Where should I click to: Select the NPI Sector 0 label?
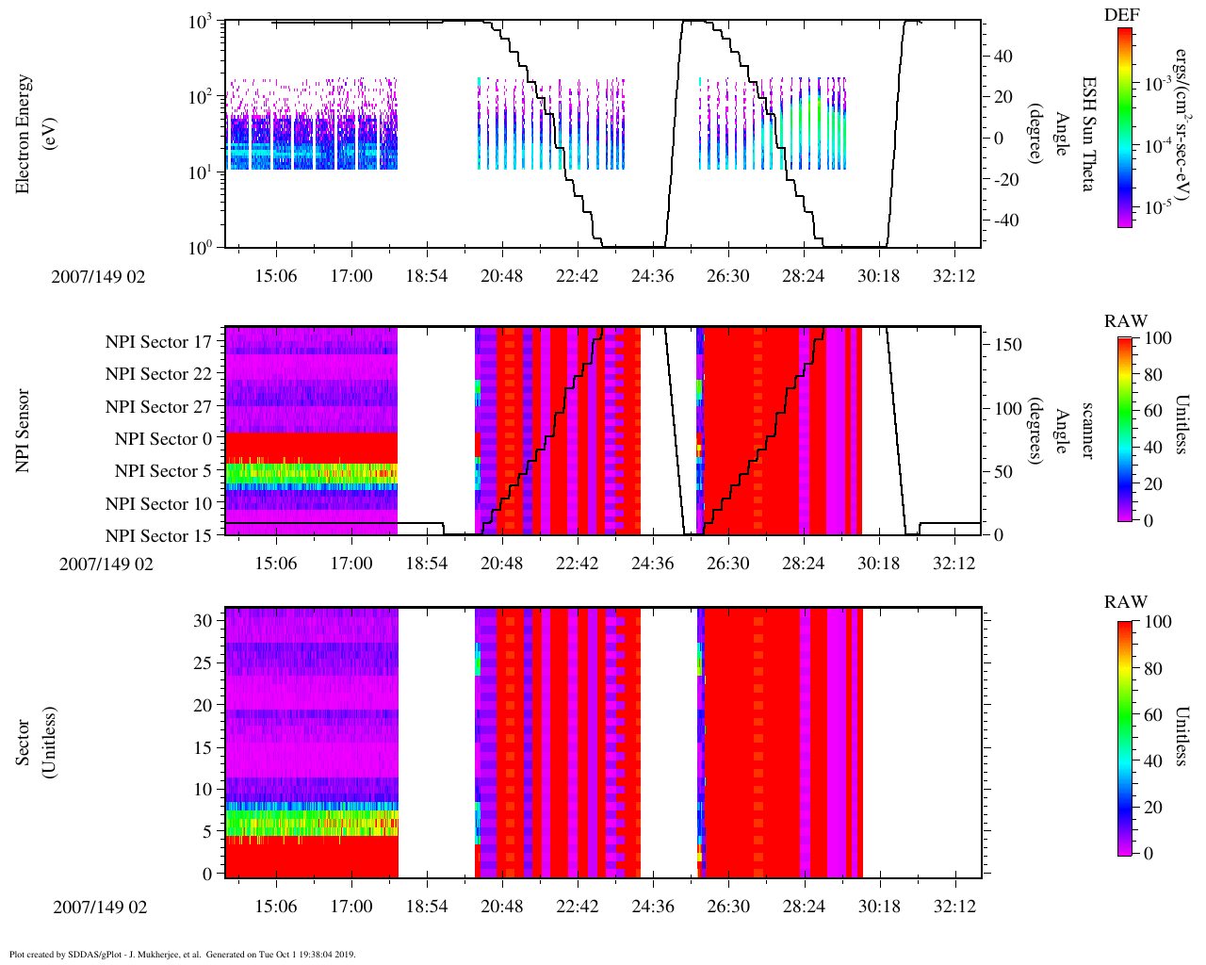point(163,439)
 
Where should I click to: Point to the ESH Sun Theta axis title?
point(1087,134)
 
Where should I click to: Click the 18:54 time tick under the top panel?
point(426,275)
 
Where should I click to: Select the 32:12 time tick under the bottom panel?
point(954,907)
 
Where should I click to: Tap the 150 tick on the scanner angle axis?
point(1008,345)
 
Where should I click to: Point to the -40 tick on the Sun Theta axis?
point(1003,221)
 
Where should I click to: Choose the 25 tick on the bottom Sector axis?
point(203,663)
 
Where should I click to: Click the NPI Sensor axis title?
point(24,431)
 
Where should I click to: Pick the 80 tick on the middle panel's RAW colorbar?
point(1155,374)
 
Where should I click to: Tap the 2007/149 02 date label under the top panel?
point(100,276)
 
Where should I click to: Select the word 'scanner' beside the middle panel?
point(1087,431)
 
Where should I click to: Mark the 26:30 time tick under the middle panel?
point(727,564)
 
